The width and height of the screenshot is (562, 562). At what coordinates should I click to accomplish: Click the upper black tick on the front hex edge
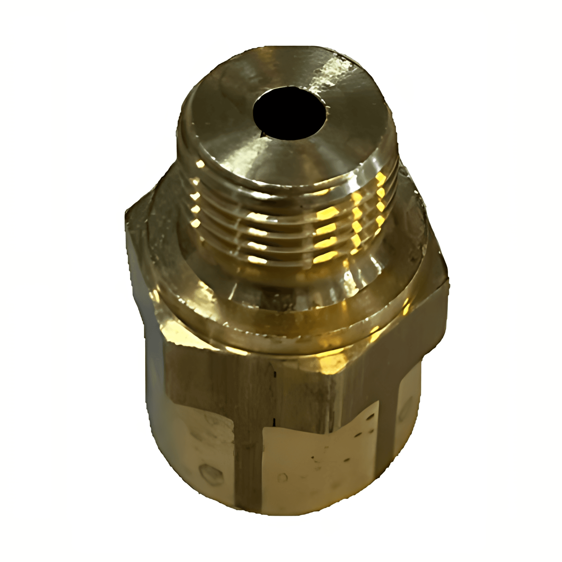tap(275, 375)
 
